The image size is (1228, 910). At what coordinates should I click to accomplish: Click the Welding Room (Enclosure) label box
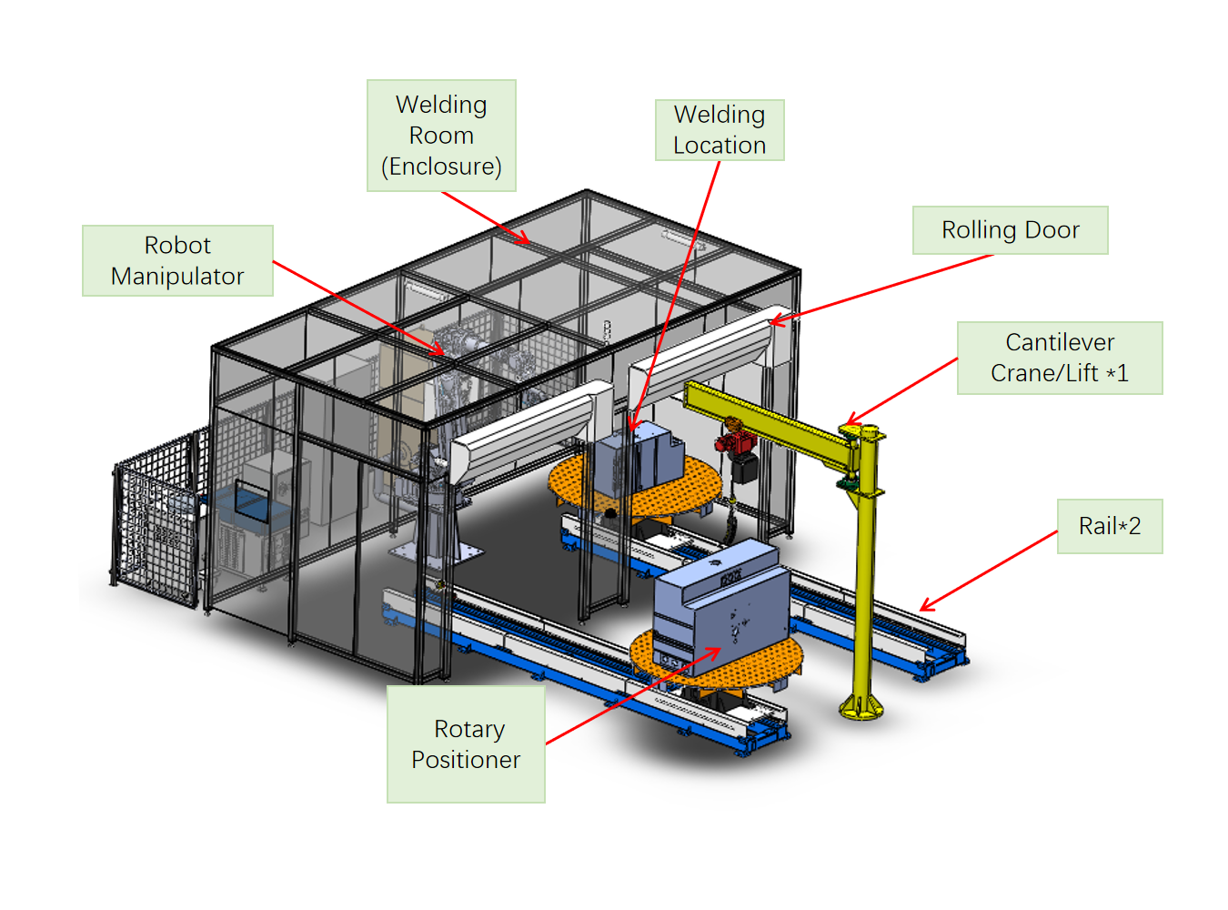(441, 136)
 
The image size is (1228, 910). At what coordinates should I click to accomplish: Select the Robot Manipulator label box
(177, 260)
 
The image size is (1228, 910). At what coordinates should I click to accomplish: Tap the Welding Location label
(720, 130)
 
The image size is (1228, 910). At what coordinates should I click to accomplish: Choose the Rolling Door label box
(1010, 230)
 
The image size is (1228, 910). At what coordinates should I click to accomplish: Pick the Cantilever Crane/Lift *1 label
(1060, 358)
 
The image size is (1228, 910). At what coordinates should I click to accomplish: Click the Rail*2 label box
(1109, 526)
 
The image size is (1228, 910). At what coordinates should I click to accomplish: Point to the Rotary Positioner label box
(466, 744)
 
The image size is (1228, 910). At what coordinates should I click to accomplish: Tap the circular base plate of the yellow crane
(861, 706)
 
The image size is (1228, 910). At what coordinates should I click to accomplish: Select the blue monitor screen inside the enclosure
(252, 500)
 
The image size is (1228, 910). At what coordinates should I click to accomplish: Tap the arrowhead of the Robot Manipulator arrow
(441, 351)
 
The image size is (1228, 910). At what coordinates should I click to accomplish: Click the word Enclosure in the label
(441, 167)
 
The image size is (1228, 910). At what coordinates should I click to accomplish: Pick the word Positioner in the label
(466, 760)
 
